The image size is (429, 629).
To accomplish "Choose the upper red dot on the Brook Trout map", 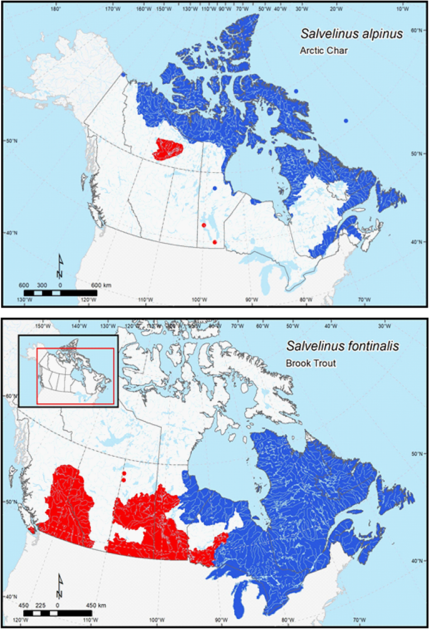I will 124,474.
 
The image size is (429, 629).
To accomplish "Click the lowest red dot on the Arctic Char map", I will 215,242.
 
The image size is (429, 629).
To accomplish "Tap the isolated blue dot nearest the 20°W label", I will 346,120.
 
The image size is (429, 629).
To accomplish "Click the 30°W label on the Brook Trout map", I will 384,326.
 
